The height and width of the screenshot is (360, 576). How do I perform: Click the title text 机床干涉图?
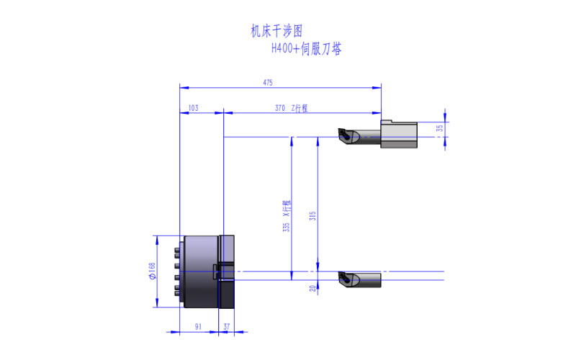pyautogui.click(x=276, y=31)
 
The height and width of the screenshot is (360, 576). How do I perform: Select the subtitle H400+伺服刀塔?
pyautogui.click(x=307, y=48)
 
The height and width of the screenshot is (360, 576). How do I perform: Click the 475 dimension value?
pyautogui.click(x=268, y=83)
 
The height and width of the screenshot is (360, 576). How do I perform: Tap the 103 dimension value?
pyautogui.click(x=193, y=108)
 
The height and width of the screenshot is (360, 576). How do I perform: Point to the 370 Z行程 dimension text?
pyautogui.click(x=292, y=108)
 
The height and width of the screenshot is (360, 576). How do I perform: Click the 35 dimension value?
pyautogui.click(x=440, y=128)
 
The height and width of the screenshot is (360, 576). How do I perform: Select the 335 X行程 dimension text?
pyautogui.click(x=287, y=216)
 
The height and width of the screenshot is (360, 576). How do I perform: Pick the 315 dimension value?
pyautogui.click(x=312, y=215)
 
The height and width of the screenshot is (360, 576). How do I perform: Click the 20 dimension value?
pyautogui.click(x=312, y=289)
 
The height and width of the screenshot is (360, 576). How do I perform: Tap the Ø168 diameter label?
pyautogui.click(x=152, y=271)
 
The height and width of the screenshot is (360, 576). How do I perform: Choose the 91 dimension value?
pyautogui.click(x=199, y=327)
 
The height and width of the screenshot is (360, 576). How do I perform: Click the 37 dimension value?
pyautogui.click(x=227, y=327)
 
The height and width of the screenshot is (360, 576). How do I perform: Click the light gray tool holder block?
pyautogui.click(x=399, y=134)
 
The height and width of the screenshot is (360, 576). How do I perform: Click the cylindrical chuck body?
pyautogui.click(x=201, y=271)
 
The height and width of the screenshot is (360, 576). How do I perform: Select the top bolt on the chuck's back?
pyautogui.click(x=177, y=250)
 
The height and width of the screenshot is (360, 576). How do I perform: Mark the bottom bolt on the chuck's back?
pyautogui.click(x=177, y=293)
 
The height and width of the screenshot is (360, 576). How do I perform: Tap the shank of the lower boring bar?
pyautogui.click(x=370, y=280)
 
